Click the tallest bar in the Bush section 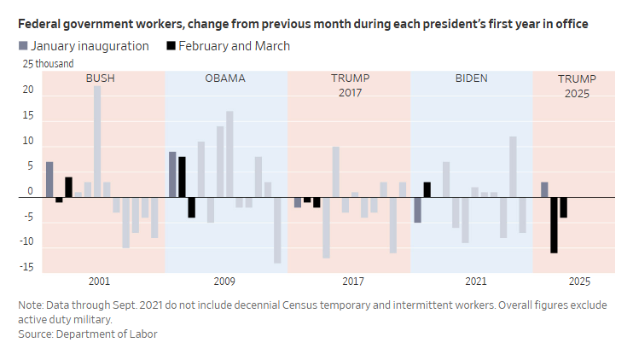click(97, 142)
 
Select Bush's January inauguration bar click(49, 180)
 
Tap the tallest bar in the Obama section click(229, 154)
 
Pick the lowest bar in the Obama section click(277, 230)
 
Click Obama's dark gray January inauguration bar click(172, 174)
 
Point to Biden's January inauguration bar click(417, 210)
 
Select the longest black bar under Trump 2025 click(554, 225)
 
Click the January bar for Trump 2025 click(544, 189)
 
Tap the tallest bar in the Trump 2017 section click(336, 172)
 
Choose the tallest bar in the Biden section click(513, 166)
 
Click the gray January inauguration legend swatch click(23, 46)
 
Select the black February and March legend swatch click(171, 46)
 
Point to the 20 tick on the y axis click(28, 90)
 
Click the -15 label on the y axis click(27, 267)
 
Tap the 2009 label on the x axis click(224, 282)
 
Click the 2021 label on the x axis click(476, 282)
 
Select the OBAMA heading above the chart click(225, 78)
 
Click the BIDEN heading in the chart click(472, 78)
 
